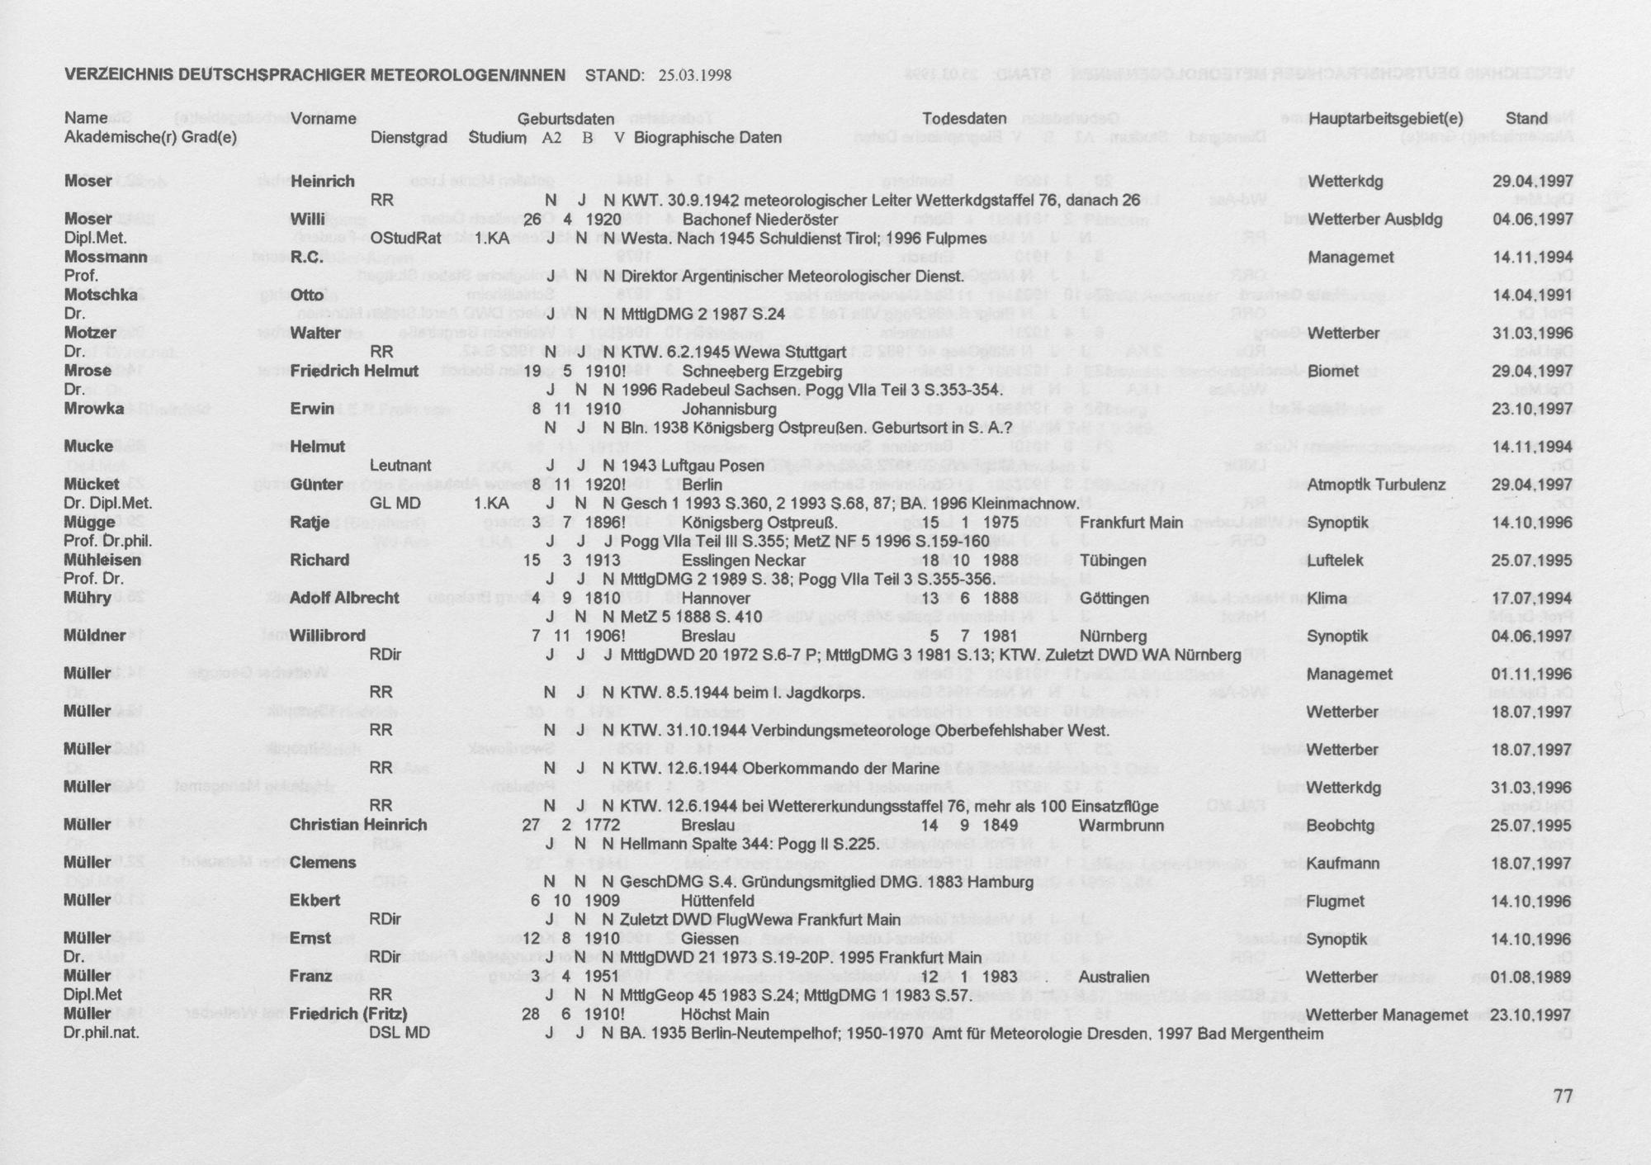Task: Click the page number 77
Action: point(1563,1096)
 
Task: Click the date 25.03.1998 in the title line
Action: point(695,76)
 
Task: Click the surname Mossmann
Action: point(106,258)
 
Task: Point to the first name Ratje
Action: point(310,523)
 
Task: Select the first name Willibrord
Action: point(328,636)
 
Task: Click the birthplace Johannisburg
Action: point(729,409)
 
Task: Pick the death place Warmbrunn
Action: point(1121,825)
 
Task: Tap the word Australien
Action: point(1114,976)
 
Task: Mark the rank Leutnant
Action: point(400,466)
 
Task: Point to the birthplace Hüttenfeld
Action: point(718,901)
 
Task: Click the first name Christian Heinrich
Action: point(358,825)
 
